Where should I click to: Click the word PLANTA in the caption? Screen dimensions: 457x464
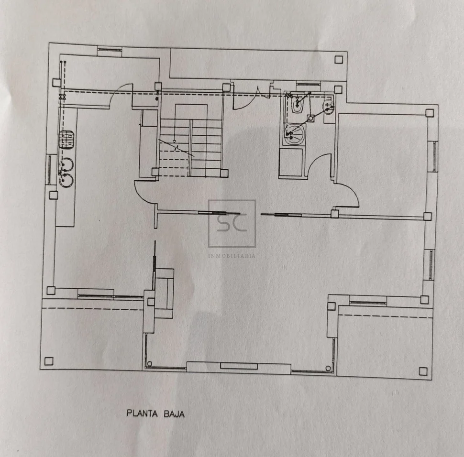coord(142,413)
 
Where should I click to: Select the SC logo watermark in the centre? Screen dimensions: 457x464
coord(232,223)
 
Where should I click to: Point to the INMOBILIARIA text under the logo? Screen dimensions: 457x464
coord(232,256)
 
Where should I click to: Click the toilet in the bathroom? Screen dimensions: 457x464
coord(296,105)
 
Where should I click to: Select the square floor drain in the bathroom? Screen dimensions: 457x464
coord(310,117)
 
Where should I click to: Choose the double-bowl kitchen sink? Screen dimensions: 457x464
coord(66,172)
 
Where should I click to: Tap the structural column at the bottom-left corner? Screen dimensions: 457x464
coord(48,361)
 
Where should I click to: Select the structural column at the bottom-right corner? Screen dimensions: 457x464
coord(423,371)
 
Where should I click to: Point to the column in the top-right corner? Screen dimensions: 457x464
coord(339,59)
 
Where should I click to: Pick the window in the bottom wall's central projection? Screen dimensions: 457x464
coord(238,366)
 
